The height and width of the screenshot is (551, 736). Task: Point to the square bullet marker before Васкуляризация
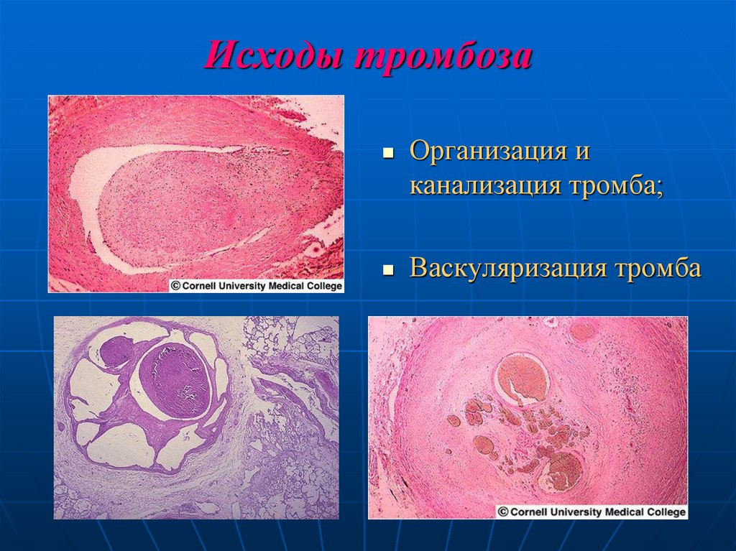pos(388,271)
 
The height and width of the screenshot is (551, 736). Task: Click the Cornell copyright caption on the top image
pos(257,285)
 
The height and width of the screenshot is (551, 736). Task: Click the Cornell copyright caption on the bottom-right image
pos(592,511)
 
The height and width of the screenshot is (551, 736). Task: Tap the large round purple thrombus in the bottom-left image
pos(175,379)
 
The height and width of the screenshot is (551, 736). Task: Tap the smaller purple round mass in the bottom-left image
pos(116,353)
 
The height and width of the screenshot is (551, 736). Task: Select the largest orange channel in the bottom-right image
pos(523,378)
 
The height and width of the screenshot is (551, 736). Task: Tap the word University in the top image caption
pos(251,285)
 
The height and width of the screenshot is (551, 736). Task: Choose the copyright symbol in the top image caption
pos(174,285)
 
